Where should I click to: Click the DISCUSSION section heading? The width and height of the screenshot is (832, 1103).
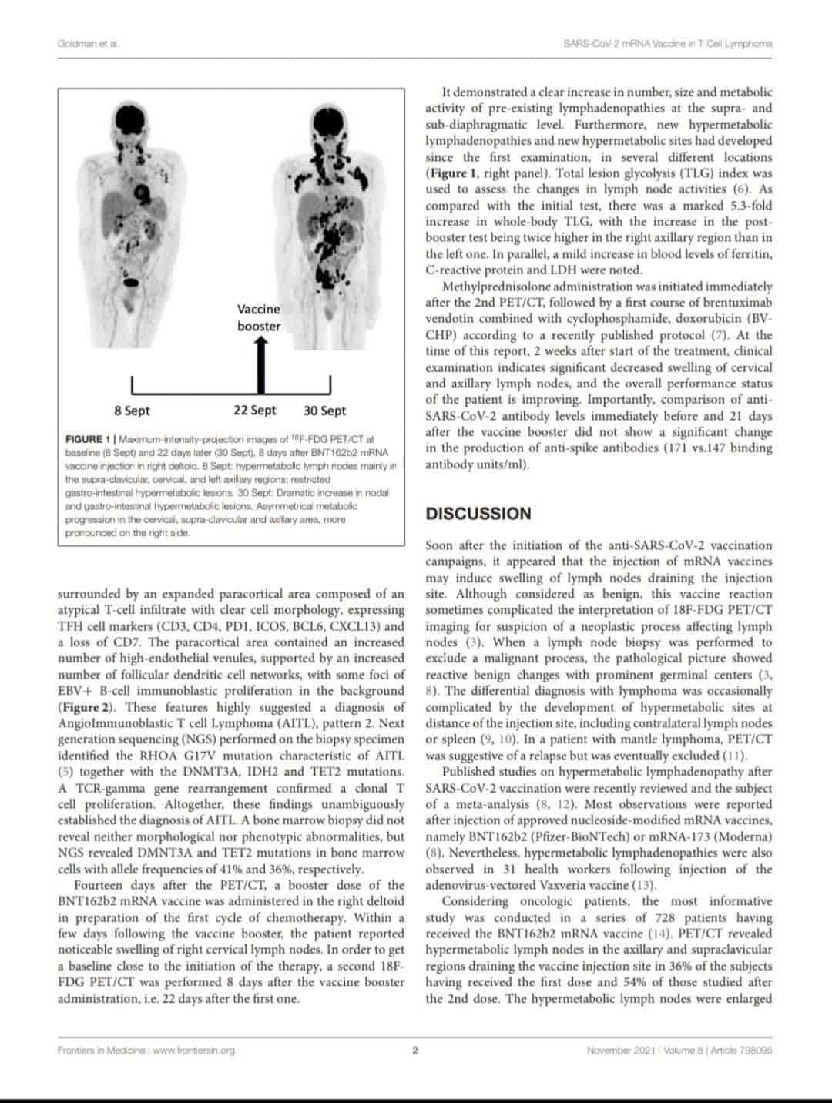[478, 514]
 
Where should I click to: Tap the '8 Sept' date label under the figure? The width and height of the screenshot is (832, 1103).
[132, 411]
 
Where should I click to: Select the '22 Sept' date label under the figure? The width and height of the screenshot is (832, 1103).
[255, 411]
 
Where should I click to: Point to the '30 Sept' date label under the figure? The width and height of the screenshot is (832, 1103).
[324, 411]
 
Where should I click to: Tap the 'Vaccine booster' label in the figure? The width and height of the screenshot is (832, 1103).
[259, 317]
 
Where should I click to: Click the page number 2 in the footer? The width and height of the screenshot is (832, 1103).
[415, 1050]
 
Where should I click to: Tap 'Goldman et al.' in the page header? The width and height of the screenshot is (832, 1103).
[88, 43]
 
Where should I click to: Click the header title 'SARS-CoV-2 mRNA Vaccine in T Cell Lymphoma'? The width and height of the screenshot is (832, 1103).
[668, 43]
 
